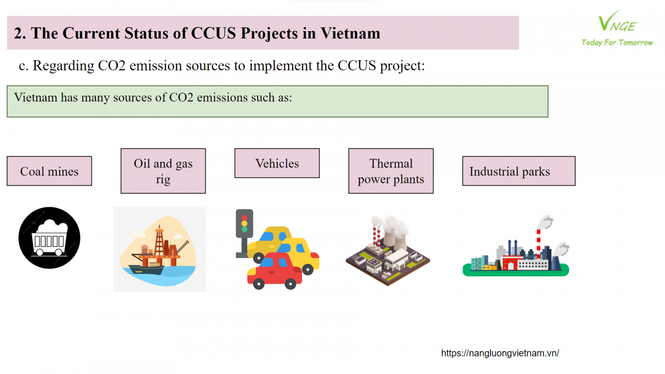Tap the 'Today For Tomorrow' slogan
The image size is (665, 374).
click(617, 43)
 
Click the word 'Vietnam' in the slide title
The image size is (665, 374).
click(350, 33)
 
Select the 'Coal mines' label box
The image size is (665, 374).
click(49, 171)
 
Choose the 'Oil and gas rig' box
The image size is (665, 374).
click(163, 171)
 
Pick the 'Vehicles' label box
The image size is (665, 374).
click(277, 163)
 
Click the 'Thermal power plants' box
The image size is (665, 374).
click(391, 171)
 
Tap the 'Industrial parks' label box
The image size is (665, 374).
click(519, 171)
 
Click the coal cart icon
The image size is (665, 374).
click(49, 238)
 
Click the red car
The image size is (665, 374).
click(275, 271)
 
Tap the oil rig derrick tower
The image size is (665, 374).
click(159, 241)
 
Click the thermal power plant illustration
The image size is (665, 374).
click(388, 250)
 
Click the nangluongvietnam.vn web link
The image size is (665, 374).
click(500, 353)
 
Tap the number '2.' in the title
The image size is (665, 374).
click(20, 33)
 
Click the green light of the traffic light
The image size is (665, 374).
click(244, 229)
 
